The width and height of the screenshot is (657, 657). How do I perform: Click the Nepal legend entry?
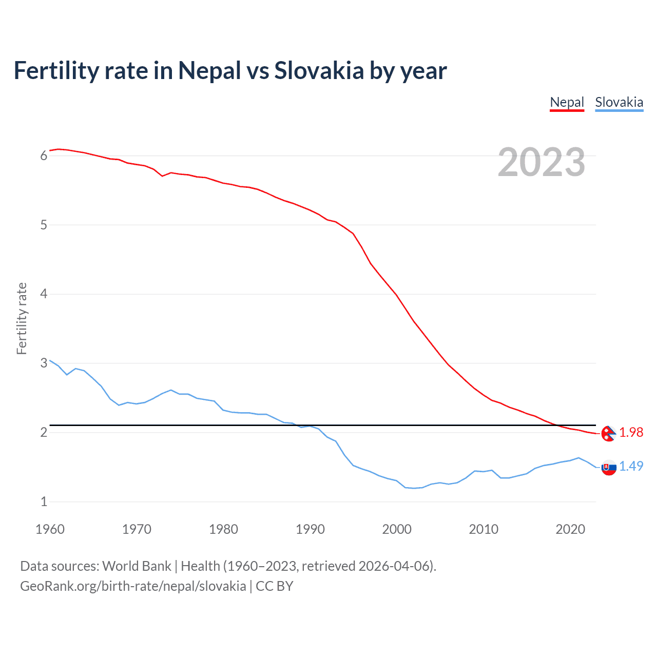click(x=567, y=102)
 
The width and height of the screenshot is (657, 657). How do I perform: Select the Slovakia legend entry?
click(x=619, y=102)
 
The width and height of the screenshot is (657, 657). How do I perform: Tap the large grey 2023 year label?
click(x=541, y=162)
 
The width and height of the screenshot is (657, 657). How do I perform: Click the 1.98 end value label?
click(x=631, y=433)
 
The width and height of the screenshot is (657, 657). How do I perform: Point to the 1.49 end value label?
click(x=631, y=466)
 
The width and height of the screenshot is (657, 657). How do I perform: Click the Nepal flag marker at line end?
click(x=609, y=434)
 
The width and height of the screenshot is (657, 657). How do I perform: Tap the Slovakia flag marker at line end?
click(x=609, y=468)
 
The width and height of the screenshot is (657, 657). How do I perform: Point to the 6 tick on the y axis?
click(x=44, y=156)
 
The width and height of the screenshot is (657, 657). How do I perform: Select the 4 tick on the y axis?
click(x=44, y=294)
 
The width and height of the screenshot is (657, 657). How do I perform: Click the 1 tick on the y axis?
click(x=44, y=501)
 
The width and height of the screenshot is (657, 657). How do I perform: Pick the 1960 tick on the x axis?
click(x=50, y=529)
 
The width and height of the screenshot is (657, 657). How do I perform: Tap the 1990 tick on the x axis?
click(x=310, y=529)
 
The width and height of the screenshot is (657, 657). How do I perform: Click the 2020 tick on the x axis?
click(x=570, y=529)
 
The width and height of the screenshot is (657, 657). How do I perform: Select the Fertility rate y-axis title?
click(x=22, y=318)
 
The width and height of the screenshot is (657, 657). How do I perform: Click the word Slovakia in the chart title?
click(x=319, y=70)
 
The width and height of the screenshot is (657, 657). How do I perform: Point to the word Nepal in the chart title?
click(x=209, y=70)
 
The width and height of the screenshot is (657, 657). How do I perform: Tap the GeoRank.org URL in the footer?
click(x=133, y=586)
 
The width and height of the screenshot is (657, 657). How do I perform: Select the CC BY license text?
click(x=274, y=586)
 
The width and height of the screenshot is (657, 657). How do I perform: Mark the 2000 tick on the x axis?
click(x=397, y=529)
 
